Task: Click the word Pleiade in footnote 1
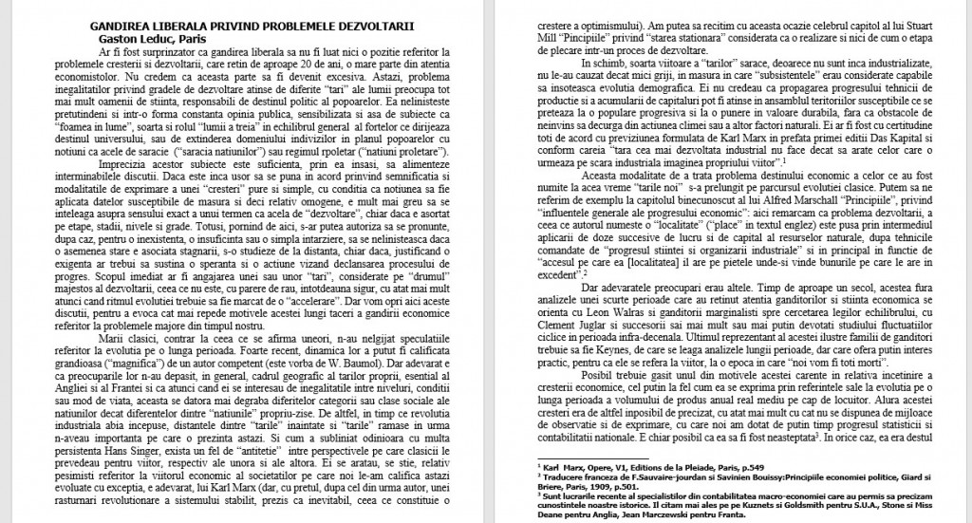pyautogui.click(x=678, y=468)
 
